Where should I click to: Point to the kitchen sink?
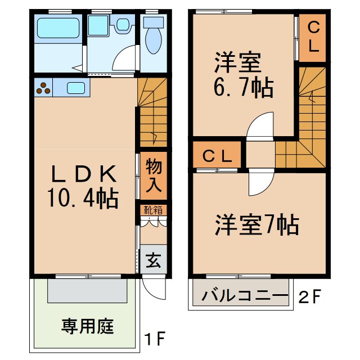(x=76, y=88)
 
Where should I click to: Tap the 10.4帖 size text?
(x=83, y=198)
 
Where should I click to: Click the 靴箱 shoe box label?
(x=152, y=211)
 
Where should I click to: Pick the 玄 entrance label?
(x=152, y=260)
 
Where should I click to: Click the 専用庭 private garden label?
(x=88, y=326)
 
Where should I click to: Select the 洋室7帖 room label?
(x=256, y=226)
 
